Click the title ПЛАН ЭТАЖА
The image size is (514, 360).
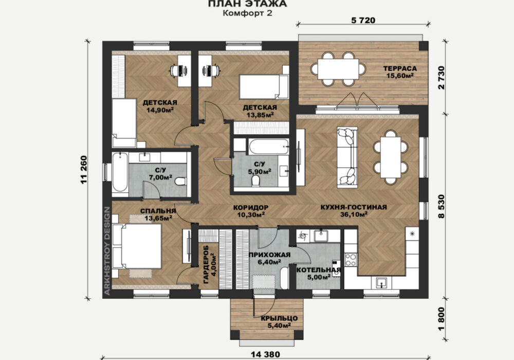[x=248, y=4]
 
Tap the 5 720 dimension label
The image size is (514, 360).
[x=363, y=21]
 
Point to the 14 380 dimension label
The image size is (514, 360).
[x=266, y=354]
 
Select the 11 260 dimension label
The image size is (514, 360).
[x=84, y=170]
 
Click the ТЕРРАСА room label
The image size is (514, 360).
[x=400, y=68]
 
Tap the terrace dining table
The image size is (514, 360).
[x=338, y=68]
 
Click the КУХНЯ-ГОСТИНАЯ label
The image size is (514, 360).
[x=354, y=207]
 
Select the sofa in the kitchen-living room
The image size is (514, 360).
[x=347, y=158]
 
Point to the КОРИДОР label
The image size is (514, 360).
[x=251, y=208]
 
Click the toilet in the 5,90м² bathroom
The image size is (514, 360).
[x=255, y=181]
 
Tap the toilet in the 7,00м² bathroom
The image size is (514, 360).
[x=180, y=181]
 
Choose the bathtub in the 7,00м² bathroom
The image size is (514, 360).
[x=120, y=172]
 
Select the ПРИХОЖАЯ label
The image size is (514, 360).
[x=269, y=255]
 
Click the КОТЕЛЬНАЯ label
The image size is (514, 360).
[x=319, y=270]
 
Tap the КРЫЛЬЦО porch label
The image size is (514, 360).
[x=279, y=318]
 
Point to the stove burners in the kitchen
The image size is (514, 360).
[x=351, y=260]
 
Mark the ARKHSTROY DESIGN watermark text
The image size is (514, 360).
[x=107, y=251]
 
